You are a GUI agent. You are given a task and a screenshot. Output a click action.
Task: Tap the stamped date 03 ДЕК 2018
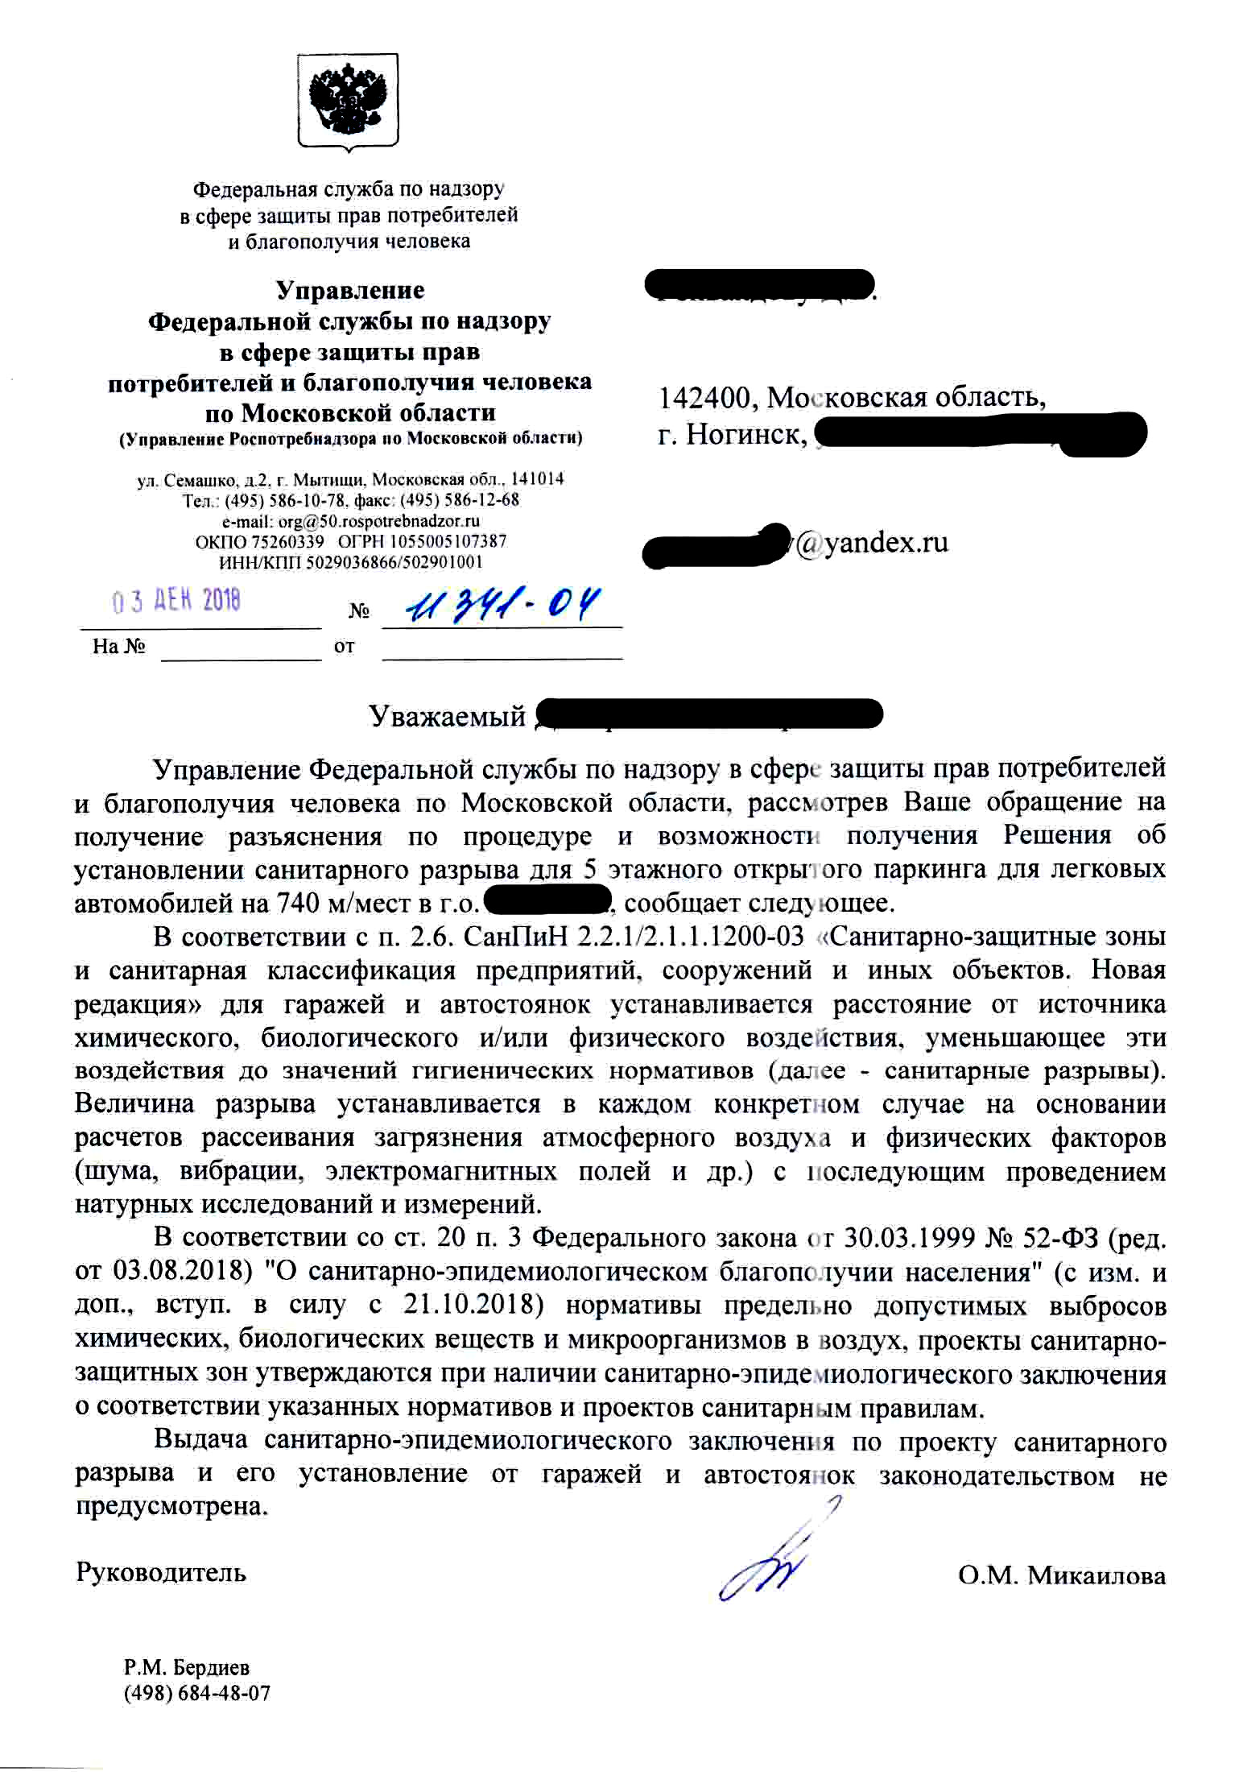176,601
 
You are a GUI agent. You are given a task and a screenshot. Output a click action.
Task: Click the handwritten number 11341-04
502,604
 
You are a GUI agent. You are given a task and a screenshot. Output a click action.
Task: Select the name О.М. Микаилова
1061,1575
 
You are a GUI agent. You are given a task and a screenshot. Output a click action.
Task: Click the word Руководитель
161,1572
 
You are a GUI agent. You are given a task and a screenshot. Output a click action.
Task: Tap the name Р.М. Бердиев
186,1667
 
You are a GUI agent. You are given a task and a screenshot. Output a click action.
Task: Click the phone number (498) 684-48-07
197,1692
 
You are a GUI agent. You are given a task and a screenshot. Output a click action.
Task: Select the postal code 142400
707,397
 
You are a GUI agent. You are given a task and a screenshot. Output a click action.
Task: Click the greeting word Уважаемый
447,715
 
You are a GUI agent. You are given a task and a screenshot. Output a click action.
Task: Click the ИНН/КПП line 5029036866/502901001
351,562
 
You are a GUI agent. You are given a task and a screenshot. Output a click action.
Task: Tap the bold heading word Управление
350,289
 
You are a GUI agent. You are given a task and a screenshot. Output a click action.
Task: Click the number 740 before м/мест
298,903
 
